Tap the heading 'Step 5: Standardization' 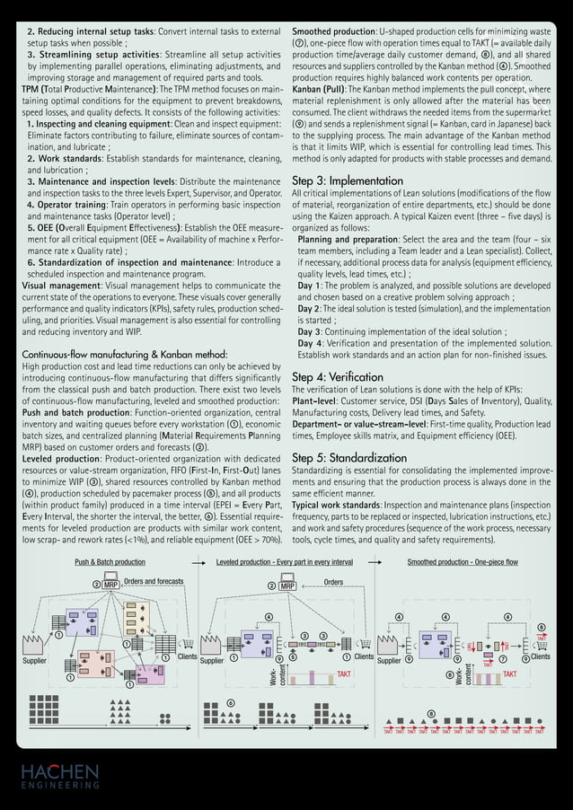349,457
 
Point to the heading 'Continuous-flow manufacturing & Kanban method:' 124,355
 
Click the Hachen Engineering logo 61,776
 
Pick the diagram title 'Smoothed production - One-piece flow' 462,562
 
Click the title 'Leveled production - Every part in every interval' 284,562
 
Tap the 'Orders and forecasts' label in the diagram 154,582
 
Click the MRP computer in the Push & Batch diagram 110,585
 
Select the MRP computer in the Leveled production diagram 287,585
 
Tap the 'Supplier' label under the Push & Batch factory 34,660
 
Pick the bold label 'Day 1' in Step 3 311,286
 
